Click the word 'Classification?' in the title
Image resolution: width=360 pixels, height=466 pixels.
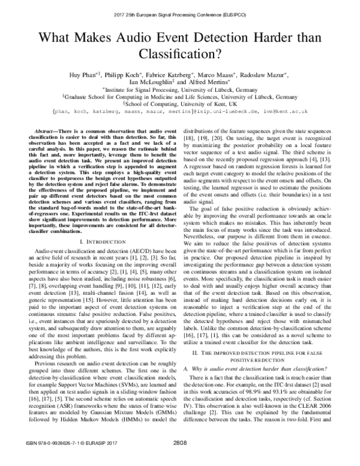pos(179,56)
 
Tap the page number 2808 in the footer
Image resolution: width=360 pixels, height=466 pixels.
pos(181,459)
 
